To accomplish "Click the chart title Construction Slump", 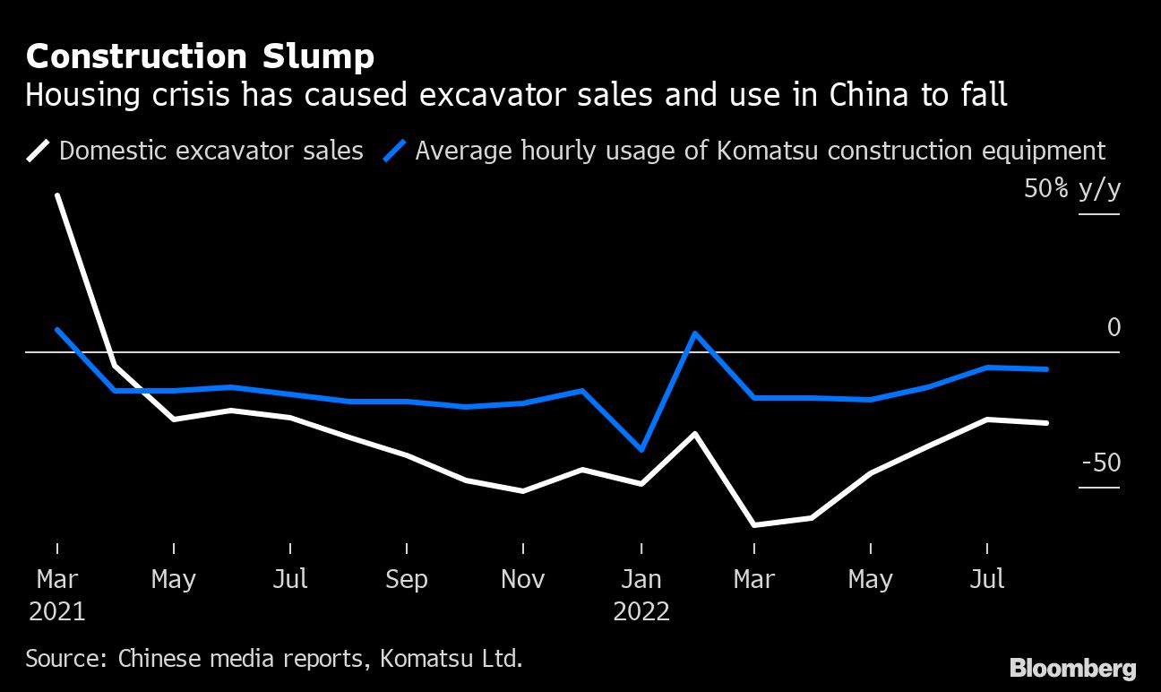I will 200,57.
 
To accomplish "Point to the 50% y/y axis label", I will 1073,190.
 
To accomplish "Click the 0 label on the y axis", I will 1114,328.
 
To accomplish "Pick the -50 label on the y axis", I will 1101,463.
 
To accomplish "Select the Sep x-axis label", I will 407,580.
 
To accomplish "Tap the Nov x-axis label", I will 522,580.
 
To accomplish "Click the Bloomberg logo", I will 1072,668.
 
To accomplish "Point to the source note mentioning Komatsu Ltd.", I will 273,659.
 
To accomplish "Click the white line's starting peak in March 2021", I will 57,195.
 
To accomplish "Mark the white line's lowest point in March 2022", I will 754,524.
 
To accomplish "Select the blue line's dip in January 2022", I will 641,449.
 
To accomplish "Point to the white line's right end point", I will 1046,423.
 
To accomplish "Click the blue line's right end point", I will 1046,369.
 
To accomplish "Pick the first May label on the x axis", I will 173,580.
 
